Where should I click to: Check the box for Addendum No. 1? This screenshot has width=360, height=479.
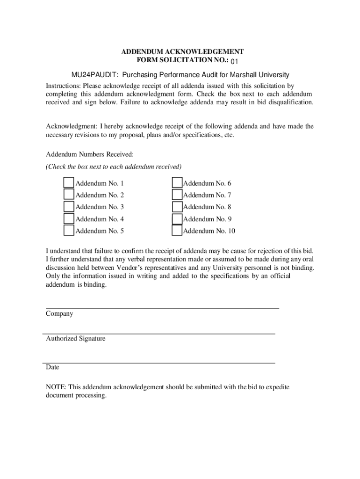tap(69, 183)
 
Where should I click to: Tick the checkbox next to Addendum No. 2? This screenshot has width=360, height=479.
tap(69, 195)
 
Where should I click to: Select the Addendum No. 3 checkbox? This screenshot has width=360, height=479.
tap(69, 207)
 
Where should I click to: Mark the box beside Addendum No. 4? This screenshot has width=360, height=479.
tap(69, 218)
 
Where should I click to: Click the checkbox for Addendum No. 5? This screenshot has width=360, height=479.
tap(69, 231)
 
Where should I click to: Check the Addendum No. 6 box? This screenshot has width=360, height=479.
tap(177, 183)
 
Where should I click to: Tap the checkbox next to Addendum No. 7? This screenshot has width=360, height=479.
tap(177, 195)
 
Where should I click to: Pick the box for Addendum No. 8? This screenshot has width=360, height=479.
tap(177, 207)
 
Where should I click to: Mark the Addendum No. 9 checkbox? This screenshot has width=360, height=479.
tap(177, 218)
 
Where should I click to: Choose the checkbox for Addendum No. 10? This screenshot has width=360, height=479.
tap(177, 231)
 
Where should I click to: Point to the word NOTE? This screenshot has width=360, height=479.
tap(56, 387)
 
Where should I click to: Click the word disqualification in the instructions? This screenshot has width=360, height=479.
tap(285, 102)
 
